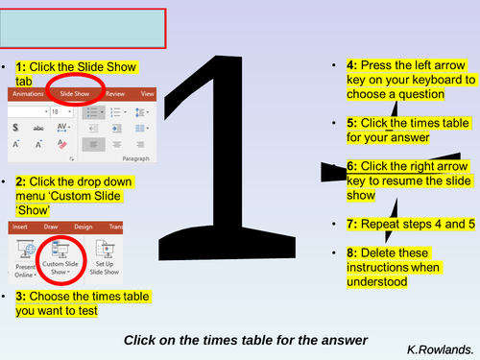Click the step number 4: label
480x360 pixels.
[x=352, y=65]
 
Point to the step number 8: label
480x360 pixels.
[x=352, y=252]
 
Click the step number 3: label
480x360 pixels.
[x=23, y=298]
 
